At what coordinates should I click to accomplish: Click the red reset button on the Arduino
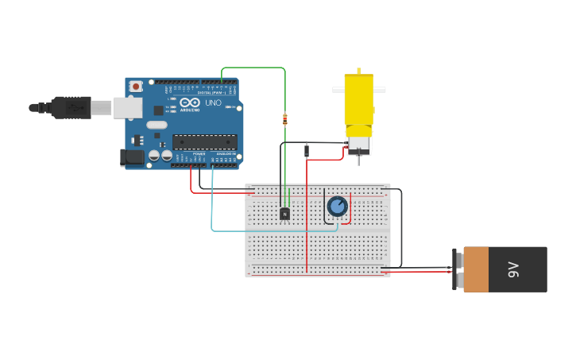136,86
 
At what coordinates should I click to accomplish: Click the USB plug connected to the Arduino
71,107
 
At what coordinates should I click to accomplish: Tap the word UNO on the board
213,103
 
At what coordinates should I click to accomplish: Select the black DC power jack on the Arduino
132,157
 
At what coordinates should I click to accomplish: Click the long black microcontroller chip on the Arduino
204,142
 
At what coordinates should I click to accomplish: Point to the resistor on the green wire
284,120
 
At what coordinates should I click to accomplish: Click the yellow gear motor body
358,99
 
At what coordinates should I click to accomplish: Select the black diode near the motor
307,150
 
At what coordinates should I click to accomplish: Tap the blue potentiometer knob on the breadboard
338,206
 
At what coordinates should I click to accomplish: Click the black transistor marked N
284,213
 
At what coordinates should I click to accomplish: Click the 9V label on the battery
513,269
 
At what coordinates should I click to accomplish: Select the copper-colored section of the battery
476,269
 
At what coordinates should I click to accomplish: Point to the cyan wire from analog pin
212,207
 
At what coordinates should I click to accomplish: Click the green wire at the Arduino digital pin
222,75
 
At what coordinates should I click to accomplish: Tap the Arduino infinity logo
190,103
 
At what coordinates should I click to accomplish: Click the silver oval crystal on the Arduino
157,125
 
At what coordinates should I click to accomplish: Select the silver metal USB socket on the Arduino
127,107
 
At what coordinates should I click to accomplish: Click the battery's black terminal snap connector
455,269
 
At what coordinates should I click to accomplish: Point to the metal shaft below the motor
358,161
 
